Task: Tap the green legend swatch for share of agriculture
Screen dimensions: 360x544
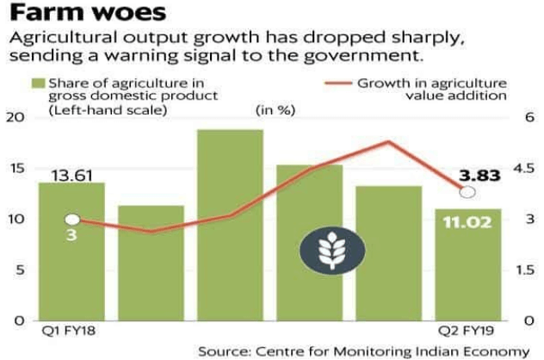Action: coord(37,84)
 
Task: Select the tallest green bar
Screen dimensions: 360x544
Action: coord(230,225)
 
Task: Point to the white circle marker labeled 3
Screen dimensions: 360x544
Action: coord(71,220)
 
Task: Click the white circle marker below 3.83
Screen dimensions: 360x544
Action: coord(467,193)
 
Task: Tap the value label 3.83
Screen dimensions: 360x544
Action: coord(479,177)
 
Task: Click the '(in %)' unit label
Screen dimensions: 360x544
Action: coord(272,110)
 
